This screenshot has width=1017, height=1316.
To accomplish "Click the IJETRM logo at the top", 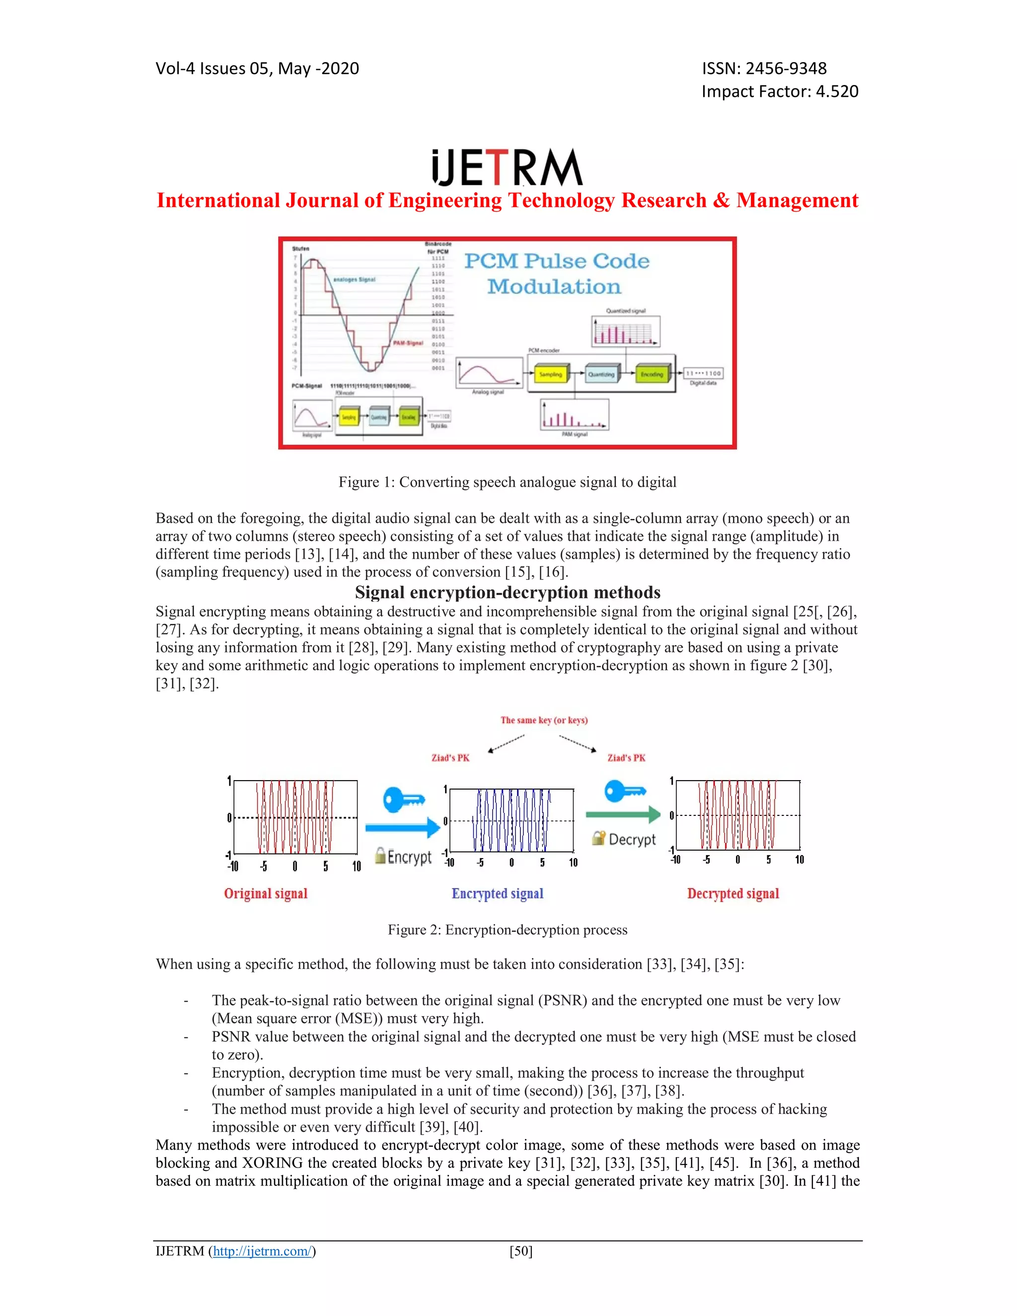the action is coord(508,168).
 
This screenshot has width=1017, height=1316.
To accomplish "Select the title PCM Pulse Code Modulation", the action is coord(556,274).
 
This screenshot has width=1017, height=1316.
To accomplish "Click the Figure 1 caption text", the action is coord(508,482).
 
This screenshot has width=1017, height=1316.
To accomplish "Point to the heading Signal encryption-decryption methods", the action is coord(508,592).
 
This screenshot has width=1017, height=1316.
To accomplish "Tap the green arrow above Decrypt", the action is coord(623,814).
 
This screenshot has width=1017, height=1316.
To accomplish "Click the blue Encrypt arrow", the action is coord(402,827).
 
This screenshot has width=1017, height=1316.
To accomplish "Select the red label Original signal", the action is coord(266,893).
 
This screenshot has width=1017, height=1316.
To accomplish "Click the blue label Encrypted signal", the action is coord(498,893).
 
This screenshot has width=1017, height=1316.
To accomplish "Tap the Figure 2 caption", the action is coord(508,930).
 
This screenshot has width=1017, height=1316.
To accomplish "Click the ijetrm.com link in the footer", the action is coord(262,1251).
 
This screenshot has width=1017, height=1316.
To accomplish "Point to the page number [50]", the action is coord(520,1251).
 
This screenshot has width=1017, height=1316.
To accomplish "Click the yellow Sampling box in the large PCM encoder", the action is coord(550,374).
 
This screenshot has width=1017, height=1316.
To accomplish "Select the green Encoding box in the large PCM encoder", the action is coord(652,374).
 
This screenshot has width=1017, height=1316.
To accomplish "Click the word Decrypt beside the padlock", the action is coord(632,839).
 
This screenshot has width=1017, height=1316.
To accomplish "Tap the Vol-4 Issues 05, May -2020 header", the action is coord(257,69).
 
